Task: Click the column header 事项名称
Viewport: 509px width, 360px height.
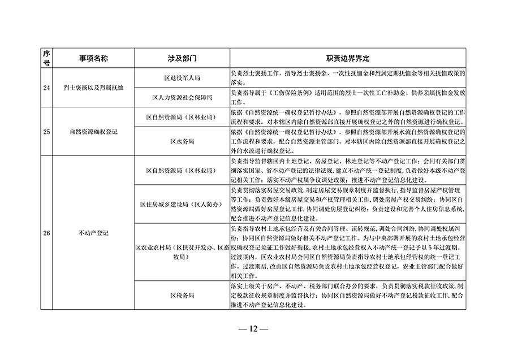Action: [x=93, y=58]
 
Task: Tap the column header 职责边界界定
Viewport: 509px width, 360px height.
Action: [x=347, y=58]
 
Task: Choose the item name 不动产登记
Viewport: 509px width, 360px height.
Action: [x=93, y=233]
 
